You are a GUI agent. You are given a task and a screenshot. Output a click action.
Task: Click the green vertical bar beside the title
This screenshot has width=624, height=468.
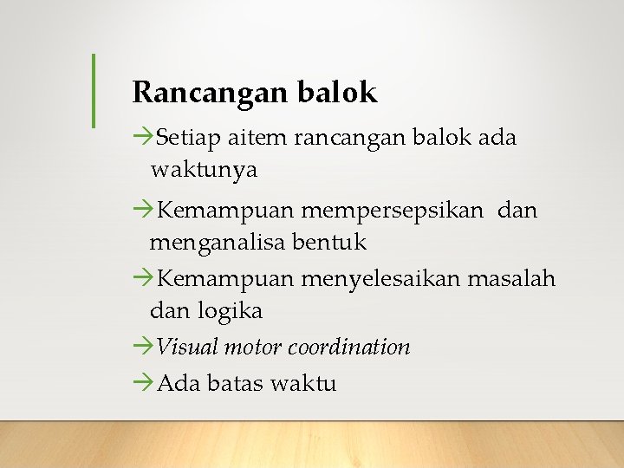click(x=94, y=91)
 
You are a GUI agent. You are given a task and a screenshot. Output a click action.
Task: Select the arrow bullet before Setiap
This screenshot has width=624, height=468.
click(x=143, y=138)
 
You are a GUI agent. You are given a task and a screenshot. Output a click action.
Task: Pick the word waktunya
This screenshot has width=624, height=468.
click(x=204, y=170)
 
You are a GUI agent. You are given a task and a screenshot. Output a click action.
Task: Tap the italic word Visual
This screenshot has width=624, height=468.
click(x=187, y=348)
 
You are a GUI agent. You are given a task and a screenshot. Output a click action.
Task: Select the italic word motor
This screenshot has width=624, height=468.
click(x=253, y=348)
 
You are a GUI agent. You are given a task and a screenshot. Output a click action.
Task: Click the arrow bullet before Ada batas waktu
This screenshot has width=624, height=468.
click(x=143, y=383)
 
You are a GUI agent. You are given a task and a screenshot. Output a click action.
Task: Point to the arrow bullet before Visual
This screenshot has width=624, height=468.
click(x=143, y=348)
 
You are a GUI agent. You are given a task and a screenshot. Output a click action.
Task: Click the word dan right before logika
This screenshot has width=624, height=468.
click(x=169, y=310)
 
